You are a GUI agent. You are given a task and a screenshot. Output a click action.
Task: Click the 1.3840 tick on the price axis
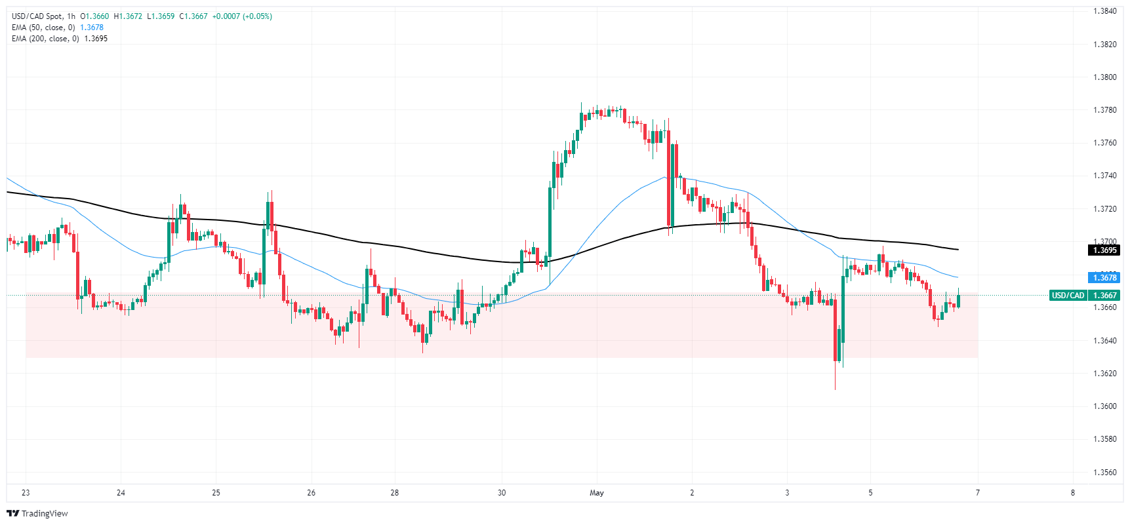click(1104, 11)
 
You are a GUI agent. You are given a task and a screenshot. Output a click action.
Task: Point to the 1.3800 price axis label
click(1104, 77)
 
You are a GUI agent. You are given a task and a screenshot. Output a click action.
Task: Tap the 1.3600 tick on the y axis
click(1104, 406)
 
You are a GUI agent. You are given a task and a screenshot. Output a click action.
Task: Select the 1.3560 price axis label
click(1104, 473)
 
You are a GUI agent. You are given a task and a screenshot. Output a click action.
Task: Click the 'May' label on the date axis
click(597, 493)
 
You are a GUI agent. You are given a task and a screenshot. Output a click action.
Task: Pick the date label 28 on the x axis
click(394, 493)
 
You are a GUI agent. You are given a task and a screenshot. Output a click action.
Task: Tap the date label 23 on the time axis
click(26, 493)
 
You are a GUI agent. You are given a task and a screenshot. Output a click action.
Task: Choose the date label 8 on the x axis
click(1073, 493)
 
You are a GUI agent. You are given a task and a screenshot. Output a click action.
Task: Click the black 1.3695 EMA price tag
click(1104, 250)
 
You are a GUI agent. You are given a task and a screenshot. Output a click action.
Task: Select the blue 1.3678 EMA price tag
click(1104, 278)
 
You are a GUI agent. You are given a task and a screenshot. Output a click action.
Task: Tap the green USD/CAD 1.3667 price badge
click(1085, 296)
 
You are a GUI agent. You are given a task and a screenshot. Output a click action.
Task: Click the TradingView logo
click(38, 513)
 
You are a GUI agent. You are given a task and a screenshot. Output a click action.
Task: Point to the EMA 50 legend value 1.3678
click(92, 28)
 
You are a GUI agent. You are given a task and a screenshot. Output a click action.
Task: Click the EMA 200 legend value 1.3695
click(96, 39)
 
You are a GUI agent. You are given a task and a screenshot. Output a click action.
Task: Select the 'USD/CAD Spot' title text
click(37, 16)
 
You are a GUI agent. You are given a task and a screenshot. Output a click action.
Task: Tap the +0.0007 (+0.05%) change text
click(242, 16)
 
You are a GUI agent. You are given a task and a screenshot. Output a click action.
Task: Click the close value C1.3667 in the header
click(193, 16)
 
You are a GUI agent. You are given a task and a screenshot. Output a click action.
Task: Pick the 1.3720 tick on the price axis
click(1104, 209)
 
